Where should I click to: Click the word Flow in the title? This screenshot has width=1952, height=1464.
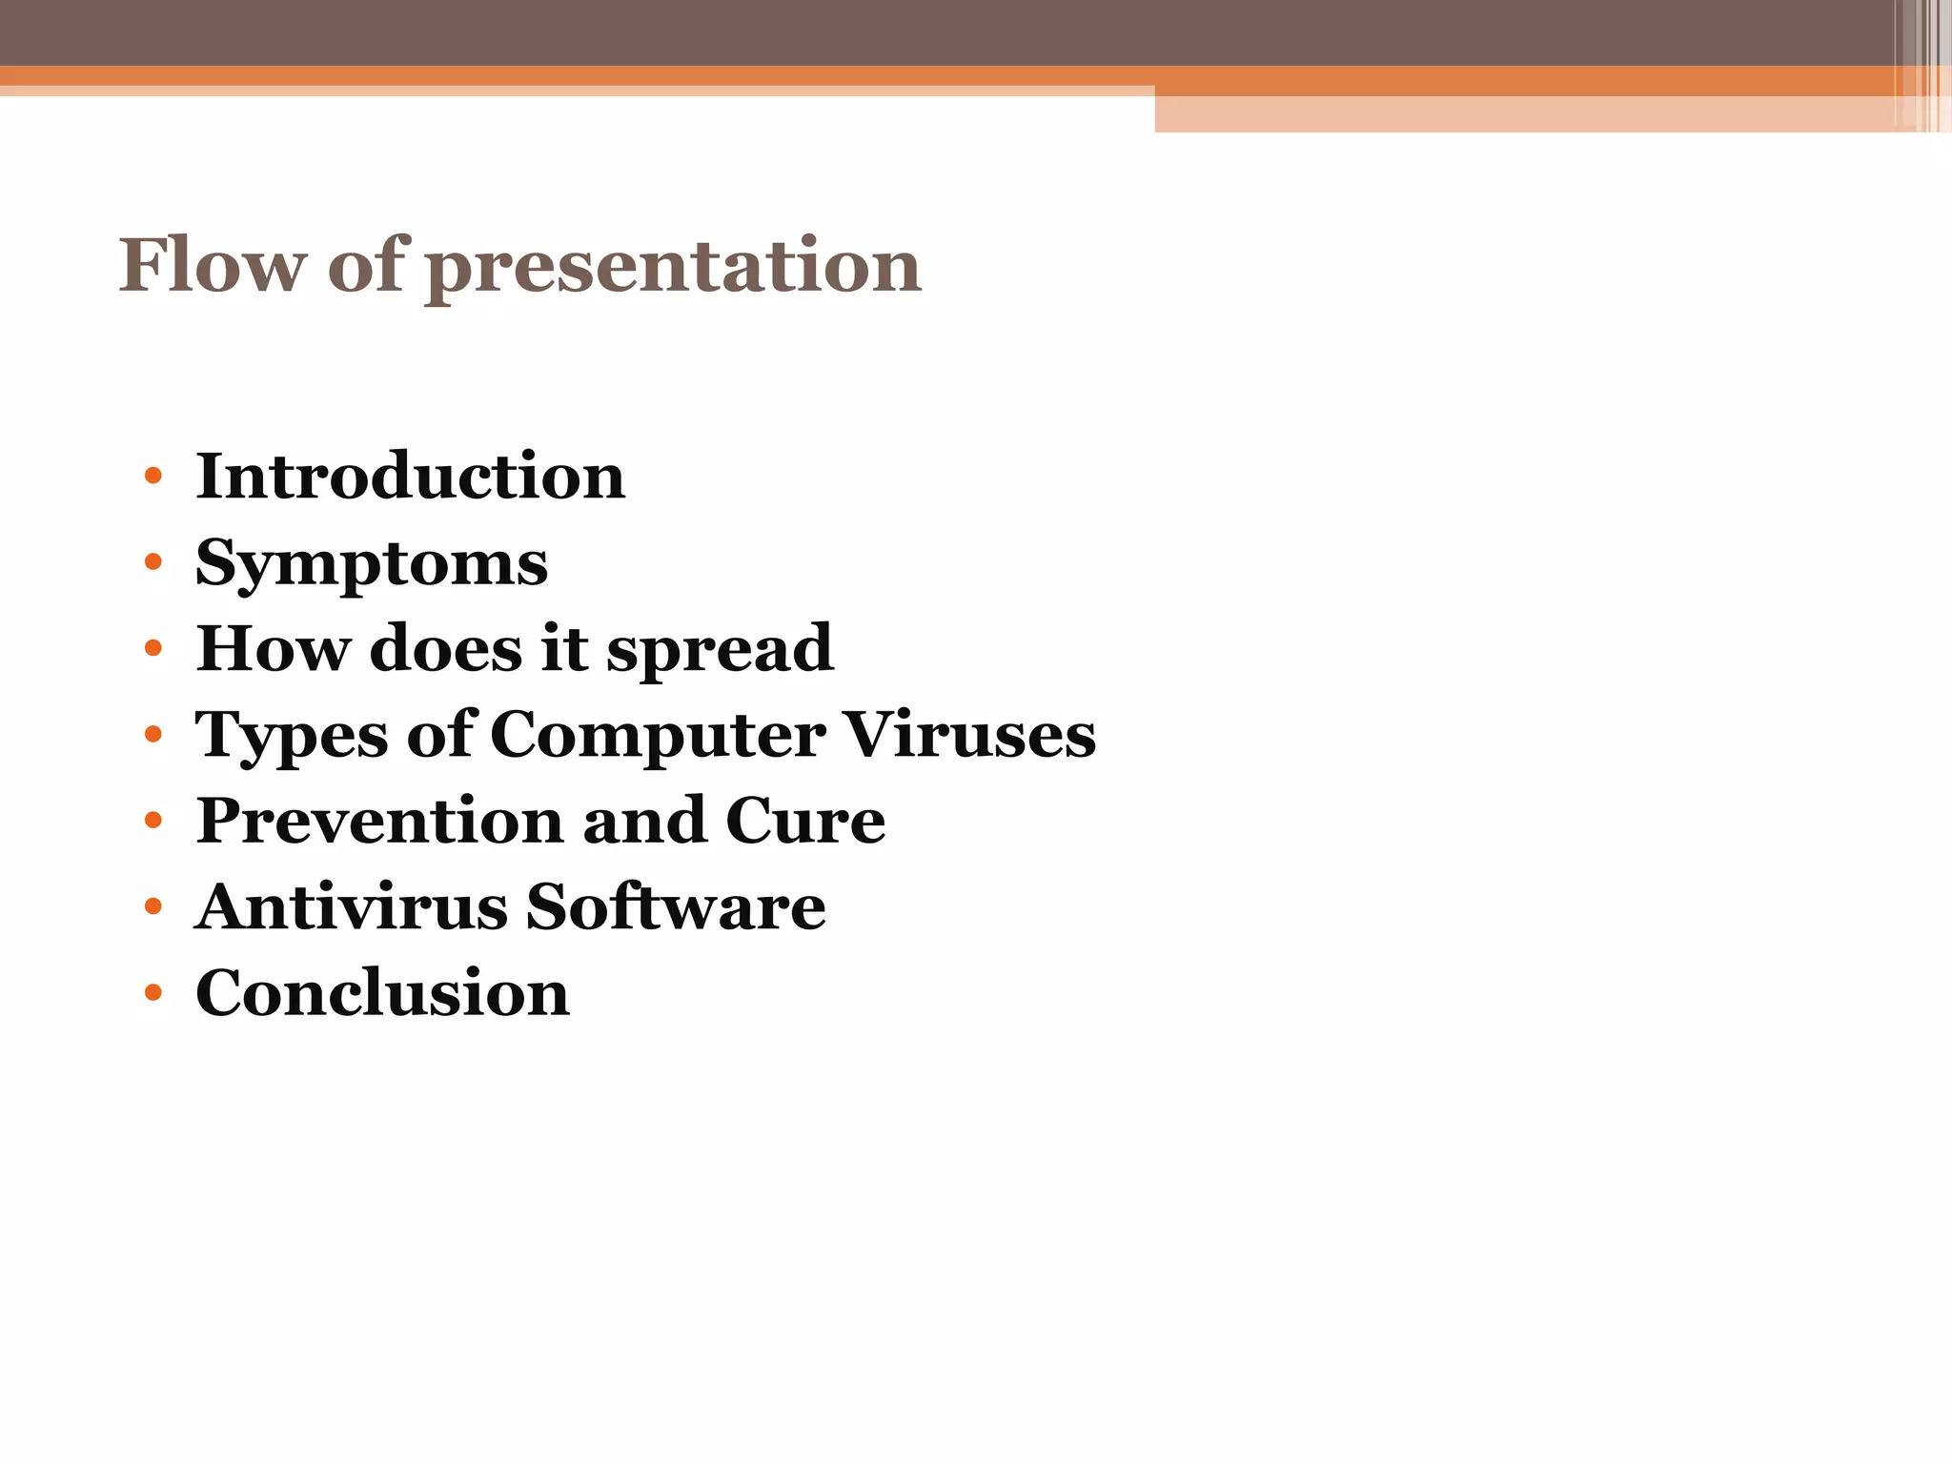click(212, 265)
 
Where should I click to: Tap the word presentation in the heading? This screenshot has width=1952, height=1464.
click(673, 267)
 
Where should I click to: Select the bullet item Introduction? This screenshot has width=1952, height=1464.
click(410, 476)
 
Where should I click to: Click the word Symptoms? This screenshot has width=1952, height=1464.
click(372, 564)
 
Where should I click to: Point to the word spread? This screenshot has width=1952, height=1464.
click(720, 650)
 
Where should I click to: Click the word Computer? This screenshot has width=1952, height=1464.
click(658, 735)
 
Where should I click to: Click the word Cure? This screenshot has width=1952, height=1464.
click(805, 821)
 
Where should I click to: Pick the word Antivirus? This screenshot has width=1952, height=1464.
click(352, 906)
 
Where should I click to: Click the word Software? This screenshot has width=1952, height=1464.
click(676, 906)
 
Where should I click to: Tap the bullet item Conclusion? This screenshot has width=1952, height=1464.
click(382, 993)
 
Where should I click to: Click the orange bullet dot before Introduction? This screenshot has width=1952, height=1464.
click(153, 476)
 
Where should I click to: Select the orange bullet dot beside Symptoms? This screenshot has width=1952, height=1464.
click(153, 562)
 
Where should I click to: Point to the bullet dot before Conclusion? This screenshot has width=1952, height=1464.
click(153, 993)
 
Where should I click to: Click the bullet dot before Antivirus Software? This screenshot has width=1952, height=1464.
click(153, 906)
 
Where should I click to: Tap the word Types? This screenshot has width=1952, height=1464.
click(292, 737)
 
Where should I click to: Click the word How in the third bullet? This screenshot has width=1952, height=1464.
click(273, 649)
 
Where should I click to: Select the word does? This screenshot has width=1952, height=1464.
click(445, 649)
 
